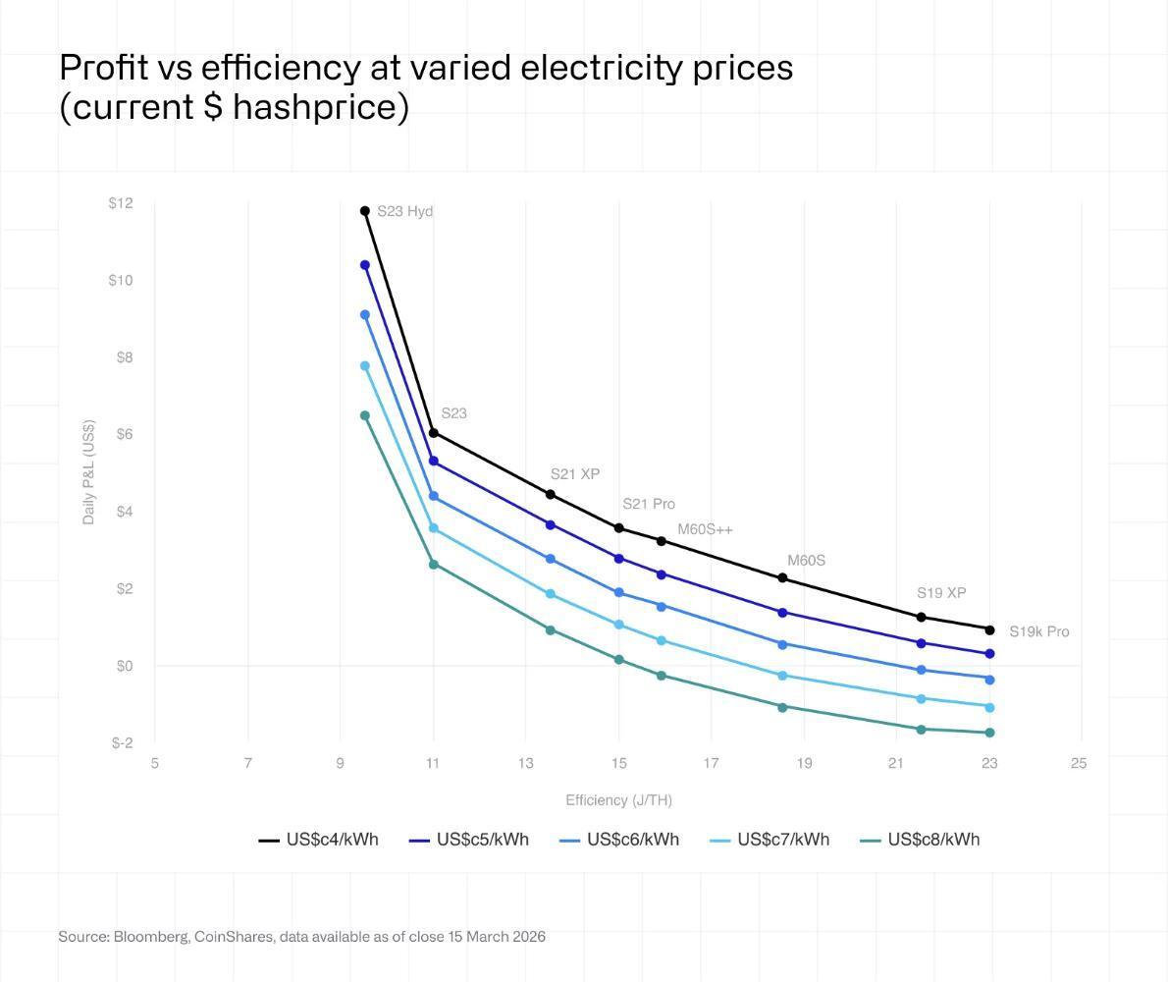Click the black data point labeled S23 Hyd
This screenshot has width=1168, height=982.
point(365,211)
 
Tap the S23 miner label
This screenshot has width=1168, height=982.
point(453,413)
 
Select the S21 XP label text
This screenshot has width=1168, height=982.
point(574,474)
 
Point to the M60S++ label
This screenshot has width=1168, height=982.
point(705,530)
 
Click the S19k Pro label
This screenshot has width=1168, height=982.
point(1038,631)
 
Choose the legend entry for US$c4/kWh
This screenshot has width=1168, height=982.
point(319,840)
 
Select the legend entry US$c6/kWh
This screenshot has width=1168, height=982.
point(619,840)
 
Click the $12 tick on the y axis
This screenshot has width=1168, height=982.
point(121,203)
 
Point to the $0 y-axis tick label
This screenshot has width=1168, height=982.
point(123,666)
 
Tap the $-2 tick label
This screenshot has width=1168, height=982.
point(122,743)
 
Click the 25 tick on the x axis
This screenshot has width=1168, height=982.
point(1079,763)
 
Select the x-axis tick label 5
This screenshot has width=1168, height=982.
point(155,763)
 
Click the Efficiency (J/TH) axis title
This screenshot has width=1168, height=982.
point(618,800)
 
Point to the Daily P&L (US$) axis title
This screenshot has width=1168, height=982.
point(89,472)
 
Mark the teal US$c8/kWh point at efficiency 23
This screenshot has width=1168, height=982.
point(989,733)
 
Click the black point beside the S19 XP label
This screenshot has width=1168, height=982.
point(921,617)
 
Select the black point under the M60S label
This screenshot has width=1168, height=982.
point(782,578)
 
